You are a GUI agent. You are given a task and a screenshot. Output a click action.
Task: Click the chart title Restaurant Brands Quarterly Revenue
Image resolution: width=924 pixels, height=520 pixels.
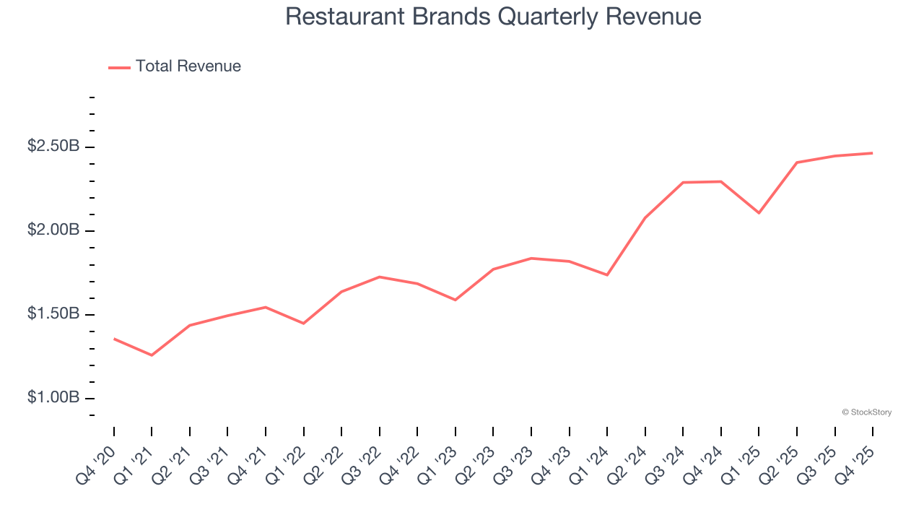pos(493,17)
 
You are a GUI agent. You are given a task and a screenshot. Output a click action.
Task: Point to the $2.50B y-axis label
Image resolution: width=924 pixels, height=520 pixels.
pos(53,147)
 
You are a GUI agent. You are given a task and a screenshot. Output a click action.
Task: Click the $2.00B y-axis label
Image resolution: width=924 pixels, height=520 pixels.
pos(53,230)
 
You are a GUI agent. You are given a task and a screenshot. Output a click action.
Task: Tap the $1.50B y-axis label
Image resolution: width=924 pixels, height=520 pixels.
pos(53,314)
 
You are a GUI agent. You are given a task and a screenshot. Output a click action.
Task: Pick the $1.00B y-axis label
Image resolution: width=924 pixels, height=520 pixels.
pos(53,398)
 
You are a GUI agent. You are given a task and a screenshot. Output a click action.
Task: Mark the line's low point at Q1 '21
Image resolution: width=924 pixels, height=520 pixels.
pos(152,355)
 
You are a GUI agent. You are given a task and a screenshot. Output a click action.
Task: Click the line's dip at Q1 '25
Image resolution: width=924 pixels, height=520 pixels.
pos(759,213)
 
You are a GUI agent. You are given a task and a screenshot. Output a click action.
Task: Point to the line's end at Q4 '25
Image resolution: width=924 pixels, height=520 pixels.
pos(873,153)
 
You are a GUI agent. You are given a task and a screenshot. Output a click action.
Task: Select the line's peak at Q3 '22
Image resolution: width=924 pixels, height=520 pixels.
pos(379,277)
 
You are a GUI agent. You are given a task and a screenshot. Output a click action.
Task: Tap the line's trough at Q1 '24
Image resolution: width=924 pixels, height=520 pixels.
pos(607,274)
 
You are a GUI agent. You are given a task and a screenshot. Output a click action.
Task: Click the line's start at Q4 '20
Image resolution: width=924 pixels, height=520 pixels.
pos(114,339)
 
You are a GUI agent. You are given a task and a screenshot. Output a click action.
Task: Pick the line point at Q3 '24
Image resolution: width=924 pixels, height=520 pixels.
pos(683,182)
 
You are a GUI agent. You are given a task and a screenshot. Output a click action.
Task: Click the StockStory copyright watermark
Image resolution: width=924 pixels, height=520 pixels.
pos(866,412)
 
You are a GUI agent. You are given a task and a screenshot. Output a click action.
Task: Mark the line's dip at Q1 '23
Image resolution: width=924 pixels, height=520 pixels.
pos(456,300)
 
